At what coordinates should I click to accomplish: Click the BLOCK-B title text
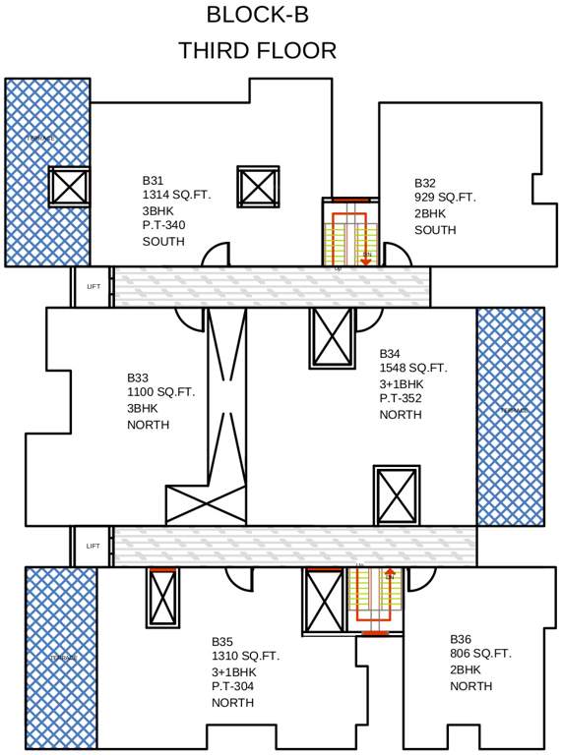(x=257, y=15)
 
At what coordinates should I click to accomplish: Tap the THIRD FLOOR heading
(x=257, y=50)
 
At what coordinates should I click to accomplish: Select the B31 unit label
(x=153, y=181)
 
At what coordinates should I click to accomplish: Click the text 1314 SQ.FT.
(x=176, y=196)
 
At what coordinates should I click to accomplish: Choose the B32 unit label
(x=424, y=183)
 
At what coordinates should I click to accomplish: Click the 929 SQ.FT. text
(x=444, y=198)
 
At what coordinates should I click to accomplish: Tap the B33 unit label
(x=138, y=377)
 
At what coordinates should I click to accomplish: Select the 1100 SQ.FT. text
(x=160, y=392)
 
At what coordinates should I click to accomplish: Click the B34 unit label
(x=390, y=353)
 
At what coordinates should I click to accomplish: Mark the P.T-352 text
(x=401, y=399)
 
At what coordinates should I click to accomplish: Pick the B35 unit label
(x=222, y=640)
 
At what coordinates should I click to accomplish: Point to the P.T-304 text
(x=233, y=687)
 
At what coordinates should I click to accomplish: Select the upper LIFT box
(x=93, y=287)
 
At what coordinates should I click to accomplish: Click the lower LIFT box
(x=93, y=546)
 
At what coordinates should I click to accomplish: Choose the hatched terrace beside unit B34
(x=510, y=416)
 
